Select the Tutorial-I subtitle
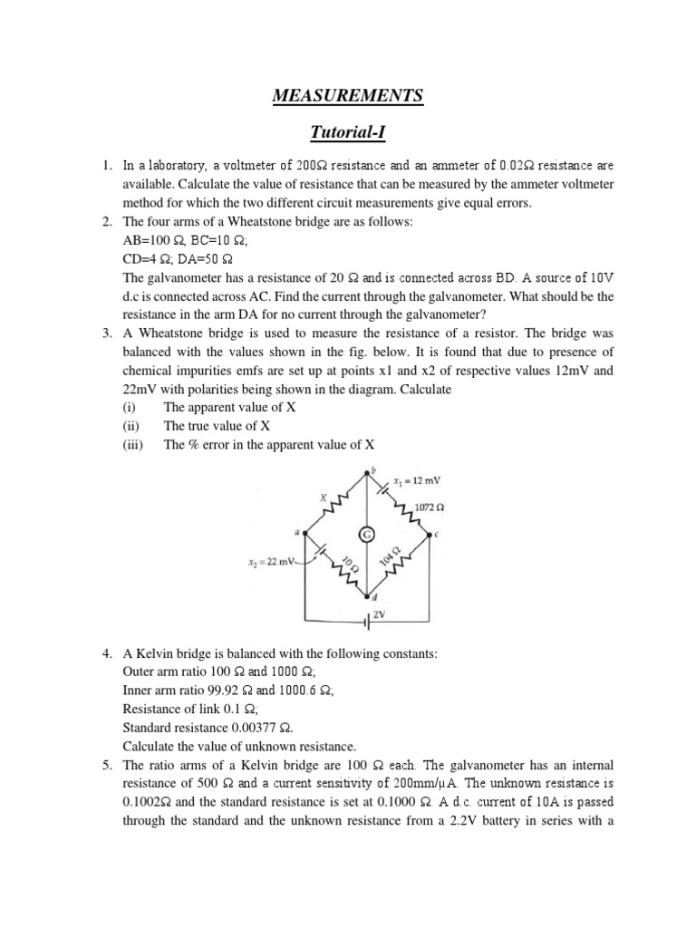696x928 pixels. [347, 133]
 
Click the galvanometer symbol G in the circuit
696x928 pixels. [367, 536]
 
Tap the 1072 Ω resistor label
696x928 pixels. [429, 506]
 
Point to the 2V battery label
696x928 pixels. [380, 614]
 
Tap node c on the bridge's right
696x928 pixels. [437, 534]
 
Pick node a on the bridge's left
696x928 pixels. [296, 533]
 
